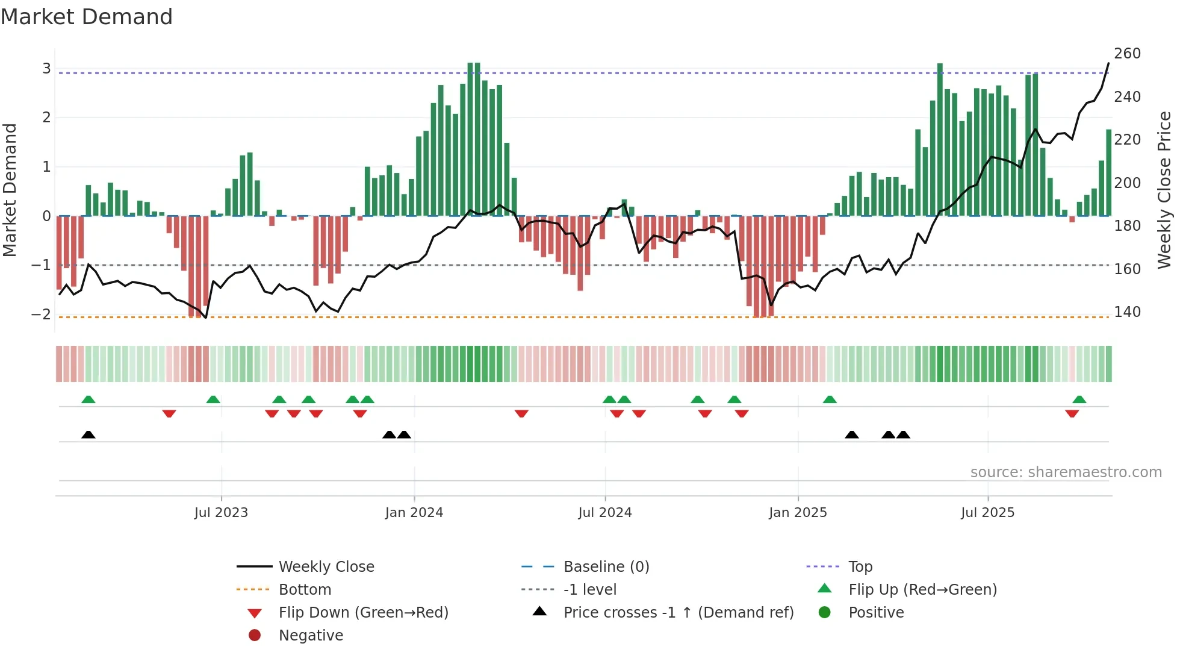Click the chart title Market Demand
pos(87,17)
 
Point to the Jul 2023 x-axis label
pos(221,513)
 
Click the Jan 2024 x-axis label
pos(414,513)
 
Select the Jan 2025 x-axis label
pos(798,513)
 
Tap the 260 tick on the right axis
pos(1127,54)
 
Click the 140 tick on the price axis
pos(1127,312)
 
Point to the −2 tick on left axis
pos(41,314)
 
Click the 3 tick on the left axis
pos(46,69)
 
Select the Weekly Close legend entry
pos(326,567)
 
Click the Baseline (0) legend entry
pos(606,567)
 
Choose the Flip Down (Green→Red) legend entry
pos(363,613)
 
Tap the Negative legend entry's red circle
pos(255,636)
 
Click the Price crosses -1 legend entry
pos(678,613)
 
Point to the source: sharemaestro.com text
pos(1066,472)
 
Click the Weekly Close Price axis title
pos(1164,190)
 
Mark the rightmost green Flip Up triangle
pos(1079,399)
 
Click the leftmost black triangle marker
pos(88,434)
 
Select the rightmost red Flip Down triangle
pos(1072,413)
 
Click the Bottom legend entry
pos(305,590)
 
